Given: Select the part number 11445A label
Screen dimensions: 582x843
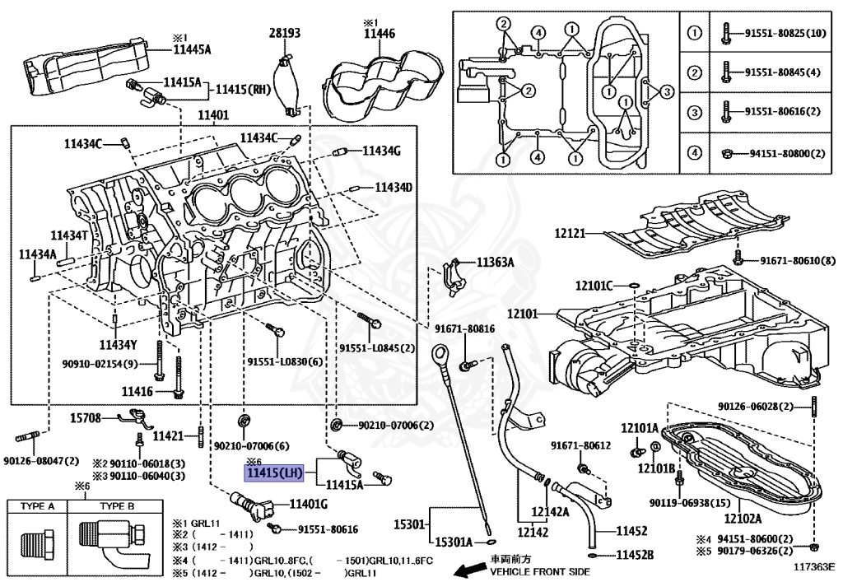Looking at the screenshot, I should click(x=192, y=49).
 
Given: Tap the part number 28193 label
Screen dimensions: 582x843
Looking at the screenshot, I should click(x=285, y=33).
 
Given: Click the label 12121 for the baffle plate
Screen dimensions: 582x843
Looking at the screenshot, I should click(x=570, y=234).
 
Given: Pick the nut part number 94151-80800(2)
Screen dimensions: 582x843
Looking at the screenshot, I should click(x=786, y=153).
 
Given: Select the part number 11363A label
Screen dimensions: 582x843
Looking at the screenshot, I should click(x=495, y=263).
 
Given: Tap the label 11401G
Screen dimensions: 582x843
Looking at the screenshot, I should click(x=308, y=503).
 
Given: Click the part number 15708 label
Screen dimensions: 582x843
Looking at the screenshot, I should click(x=85, y=418).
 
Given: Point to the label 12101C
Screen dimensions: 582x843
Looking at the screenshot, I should click(x=594, y=286).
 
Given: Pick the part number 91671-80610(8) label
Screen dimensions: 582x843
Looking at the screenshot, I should click(x=797, y=261).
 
